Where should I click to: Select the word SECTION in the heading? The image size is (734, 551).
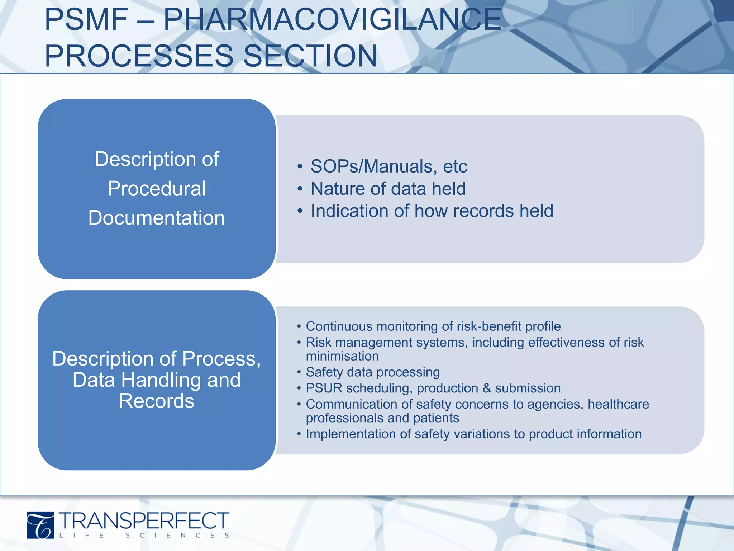(310, 56)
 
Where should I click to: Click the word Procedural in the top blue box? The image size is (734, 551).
(157, 189)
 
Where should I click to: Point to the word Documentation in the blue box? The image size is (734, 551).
(157, 218)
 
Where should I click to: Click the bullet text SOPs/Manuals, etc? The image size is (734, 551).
(389, 166)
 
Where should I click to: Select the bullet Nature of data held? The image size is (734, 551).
(388, 189)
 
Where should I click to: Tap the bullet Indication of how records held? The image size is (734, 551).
(432, 211)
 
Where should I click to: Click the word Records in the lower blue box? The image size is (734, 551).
(157, 401)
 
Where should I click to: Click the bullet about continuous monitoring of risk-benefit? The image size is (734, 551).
(433, 326)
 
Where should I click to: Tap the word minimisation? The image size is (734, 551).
(342, 356)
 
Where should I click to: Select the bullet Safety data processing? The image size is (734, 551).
(373, 372)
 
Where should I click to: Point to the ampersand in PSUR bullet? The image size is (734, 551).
(486, 388)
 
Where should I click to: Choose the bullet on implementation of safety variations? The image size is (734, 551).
(473, 434)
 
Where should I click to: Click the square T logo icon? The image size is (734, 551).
(40, 525)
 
